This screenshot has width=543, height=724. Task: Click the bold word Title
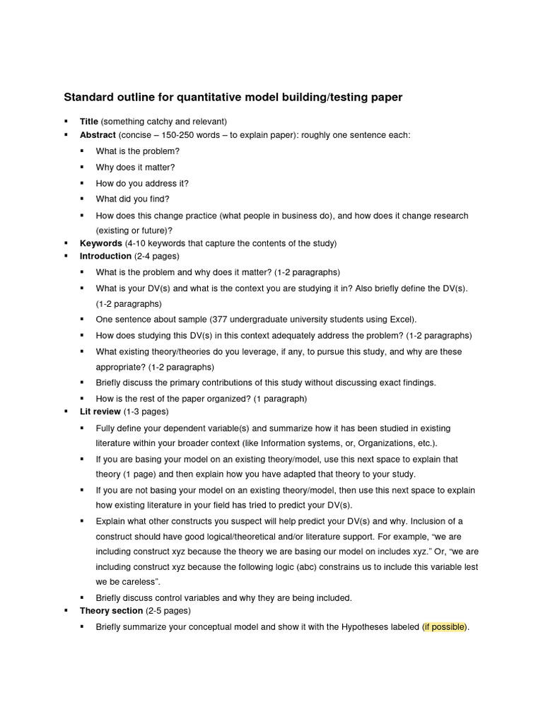tap(89, 122)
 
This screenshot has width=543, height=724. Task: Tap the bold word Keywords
tap(101, 243)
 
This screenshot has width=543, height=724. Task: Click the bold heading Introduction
tap(105, 256)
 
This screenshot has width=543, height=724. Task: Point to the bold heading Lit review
tap(100, 411)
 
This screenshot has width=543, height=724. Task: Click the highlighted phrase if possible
tap(445, 627)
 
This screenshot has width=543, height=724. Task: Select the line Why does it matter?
tap(135, 168)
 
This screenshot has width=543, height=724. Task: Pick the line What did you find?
tap(132, 199)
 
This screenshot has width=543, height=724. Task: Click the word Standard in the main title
tap(88, 97)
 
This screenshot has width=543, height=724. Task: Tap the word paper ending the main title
tap(386, 97)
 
